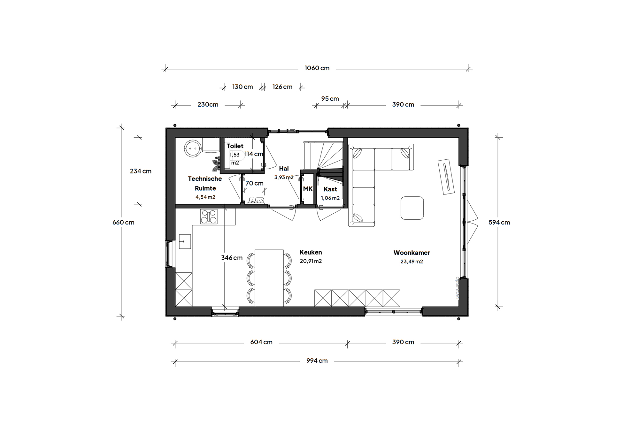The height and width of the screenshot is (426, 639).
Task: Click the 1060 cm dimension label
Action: (317, 68)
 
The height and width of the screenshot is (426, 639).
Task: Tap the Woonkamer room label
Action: (412, 253)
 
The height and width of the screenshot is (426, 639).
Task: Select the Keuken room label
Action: (311, 252)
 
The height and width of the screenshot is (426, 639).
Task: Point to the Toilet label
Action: (235, 146)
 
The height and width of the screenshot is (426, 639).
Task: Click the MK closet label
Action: (308, 189)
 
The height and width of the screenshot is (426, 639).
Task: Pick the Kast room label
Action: (330, 189)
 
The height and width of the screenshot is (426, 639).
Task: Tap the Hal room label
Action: (284, 169)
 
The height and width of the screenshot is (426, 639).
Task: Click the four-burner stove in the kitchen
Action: (209, 216)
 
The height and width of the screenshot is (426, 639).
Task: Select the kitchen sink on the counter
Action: (185, 241)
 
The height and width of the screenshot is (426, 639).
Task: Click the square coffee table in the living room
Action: (412, 208)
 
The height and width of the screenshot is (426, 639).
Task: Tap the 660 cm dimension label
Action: (123, 222)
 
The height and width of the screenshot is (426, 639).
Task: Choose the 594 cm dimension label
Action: (499, 222)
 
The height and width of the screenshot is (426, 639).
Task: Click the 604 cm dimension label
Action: (261, 342)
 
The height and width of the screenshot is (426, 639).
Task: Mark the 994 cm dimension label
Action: (317, 361)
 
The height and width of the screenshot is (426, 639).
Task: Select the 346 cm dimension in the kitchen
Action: (232, 258)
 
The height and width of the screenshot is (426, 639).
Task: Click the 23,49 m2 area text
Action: (412, 262)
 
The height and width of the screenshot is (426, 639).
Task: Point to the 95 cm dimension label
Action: (330, 99)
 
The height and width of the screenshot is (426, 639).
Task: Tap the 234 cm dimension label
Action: (141, 171)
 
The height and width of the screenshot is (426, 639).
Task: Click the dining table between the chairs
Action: (269, 278)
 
